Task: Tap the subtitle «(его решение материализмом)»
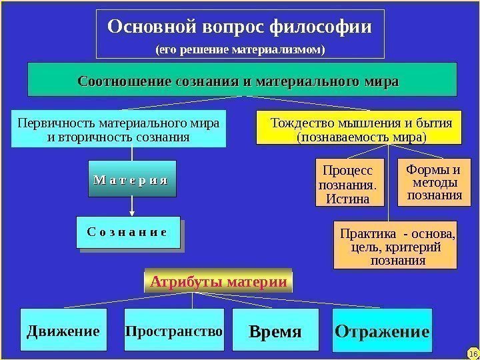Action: click(x=240, y=49)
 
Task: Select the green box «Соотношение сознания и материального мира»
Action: click(x=241, y=81)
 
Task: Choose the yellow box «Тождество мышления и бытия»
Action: click(x=359, y=128)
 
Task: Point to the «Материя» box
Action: click(x=132, y=179)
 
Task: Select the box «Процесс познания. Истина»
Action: click(x=344, y=181)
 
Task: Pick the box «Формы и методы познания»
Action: click(x=433, y=181)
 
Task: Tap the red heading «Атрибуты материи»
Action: click(x=219, y=281)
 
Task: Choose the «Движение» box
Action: click(x=63, y=331)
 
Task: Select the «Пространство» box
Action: click(x=174, y=331)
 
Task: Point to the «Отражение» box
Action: click(x=382, y=331)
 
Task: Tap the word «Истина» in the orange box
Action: click(x=344, y=198)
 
